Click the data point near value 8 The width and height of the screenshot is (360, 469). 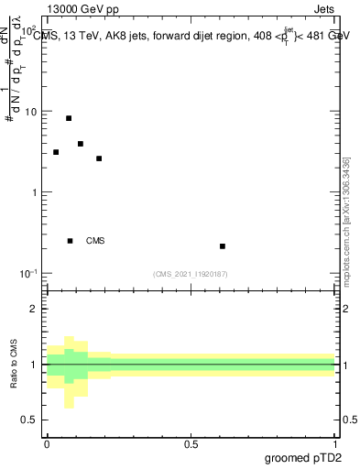click(x=69, y=118)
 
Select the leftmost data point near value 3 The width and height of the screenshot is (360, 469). click(x=56, y=152)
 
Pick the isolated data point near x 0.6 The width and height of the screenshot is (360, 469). click(x=223, y=246)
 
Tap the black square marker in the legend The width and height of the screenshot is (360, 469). click(x=71, y=241)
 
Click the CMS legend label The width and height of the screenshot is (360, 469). click(x=95, y=241)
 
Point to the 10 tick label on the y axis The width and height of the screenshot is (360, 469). click(x=30, y=112)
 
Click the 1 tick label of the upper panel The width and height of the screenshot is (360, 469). click(x=35, y=192)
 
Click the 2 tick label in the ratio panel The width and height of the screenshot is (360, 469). click(x=34, y=309)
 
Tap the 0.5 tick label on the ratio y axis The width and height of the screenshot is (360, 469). click(x=29, y=420)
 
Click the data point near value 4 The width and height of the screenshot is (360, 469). click(x=81, y=144)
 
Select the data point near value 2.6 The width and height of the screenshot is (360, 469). click(x=99, y=158)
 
